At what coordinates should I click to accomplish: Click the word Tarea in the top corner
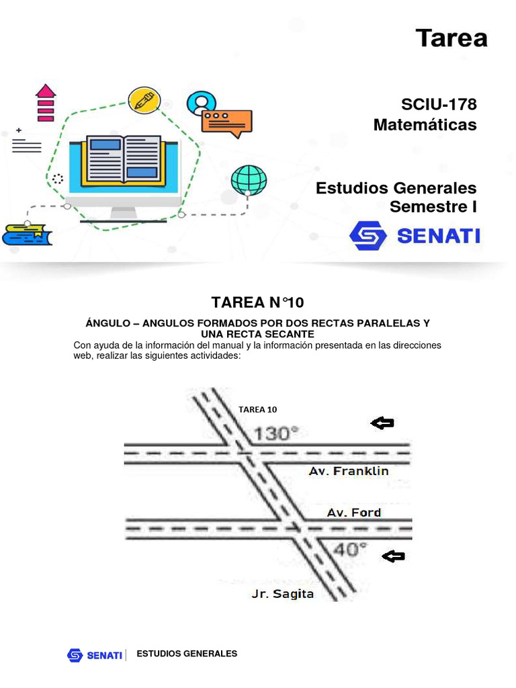pyautogui.click(x=451, y=38)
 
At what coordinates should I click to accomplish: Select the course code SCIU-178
pyautogui.click(x=439, y=104)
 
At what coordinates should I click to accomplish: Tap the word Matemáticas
pyautogui.click(x=425, y=124)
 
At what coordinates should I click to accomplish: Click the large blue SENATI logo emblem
pyautogui.click(x=368, y=236)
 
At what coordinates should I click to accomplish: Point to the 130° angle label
pyautogui.click(x=277, y=433)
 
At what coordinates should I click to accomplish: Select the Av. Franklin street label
pyautogui.click(x=349, y=471)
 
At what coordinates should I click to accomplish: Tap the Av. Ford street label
pyautogui.click(x=354, y=513)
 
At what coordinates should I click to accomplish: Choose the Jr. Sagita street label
pyautogui.click(x=282, y=594)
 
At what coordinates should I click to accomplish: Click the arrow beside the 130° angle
pyautogui.click(x=382, y=423)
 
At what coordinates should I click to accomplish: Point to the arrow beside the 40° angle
pyautogui.click(x=393, y=556)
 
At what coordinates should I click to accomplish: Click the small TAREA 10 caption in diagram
pyautogui.click(x=257, y=409)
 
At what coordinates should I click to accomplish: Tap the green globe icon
pyautogui.click(x=249, y=179)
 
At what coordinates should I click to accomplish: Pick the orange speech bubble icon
pyautogui.click(x=226, y=122)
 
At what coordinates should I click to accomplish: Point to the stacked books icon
pyautogui.click(x=27, y=234)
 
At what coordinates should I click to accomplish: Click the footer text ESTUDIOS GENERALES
pyautogui.click(x=187, y=654)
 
